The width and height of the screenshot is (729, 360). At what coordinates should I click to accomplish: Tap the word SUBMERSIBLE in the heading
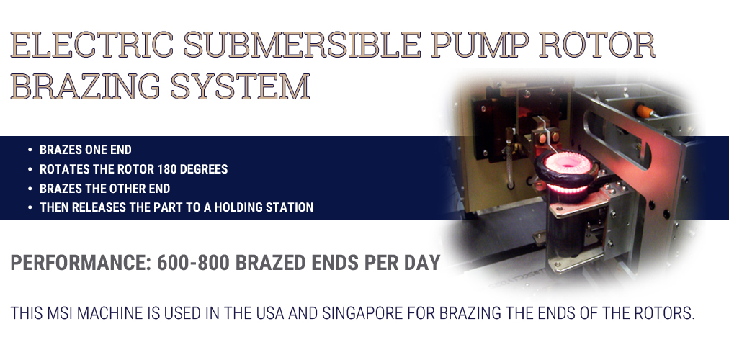pos(303,45)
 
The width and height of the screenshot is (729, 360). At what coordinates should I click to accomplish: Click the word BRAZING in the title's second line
pos(85,86)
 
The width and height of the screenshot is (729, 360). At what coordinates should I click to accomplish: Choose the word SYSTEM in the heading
pos(240,86)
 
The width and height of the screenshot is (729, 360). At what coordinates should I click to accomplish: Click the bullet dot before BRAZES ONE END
pos(30,150)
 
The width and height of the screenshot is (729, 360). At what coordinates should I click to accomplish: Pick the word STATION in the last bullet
pos(290,207)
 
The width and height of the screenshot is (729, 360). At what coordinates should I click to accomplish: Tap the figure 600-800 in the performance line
pos(193,263)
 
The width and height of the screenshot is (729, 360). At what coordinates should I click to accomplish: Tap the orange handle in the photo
pos(643,110)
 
